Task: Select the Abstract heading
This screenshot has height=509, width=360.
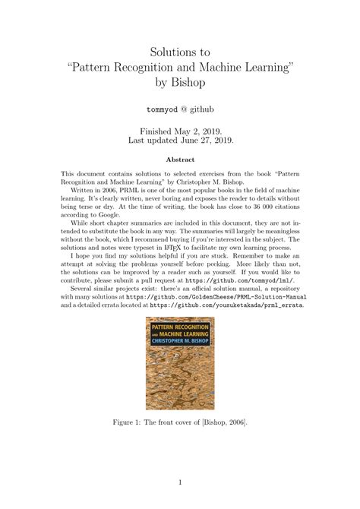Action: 180,160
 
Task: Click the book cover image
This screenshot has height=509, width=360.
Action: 179,363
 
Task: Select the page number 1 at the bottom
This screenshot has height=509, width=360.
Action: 180,481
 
